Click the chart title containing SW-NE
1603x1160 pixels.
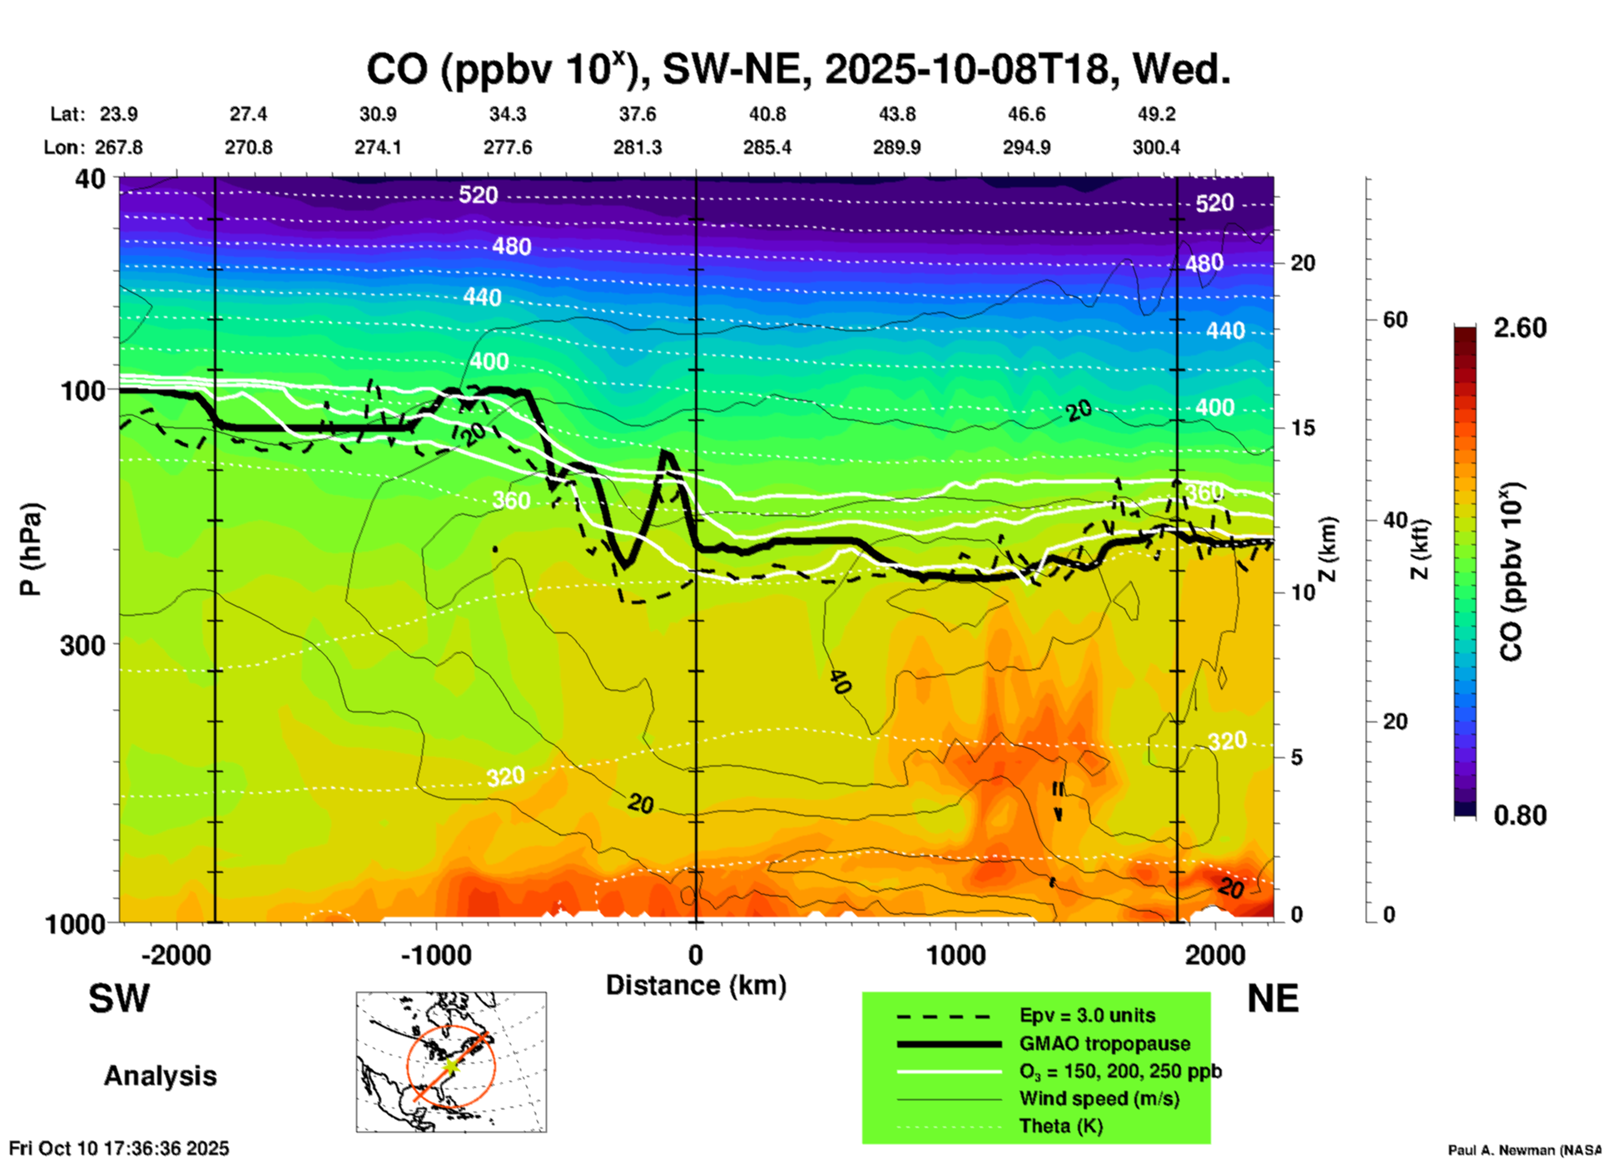[x=798, y=70]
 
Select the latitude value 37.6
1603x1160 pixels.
[x=638, y=114]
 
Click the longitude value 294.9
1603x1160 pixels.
[x=1026, y=147]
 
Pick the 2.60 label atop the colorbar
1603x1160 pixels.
[x=1520, y=328]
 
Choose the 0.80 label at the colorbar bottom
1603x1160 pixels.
[x=1520, y=815]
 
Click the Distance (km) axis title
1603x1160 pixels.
[x=696, y=985]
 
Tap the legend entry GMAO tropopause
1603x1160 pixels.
[x=1104, y=1044]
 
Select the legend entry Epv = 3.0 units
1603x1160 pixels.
[x=1087, y=1015]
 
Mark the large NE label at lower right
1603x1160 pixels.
[x=1273, y=999]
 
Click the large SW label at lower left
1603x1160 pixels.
[x=119, y=999]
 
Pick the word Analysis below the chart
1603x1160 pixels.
[x=160, y=1075]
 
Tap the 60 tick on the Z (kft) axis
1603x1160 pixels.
[x=1394, y=320]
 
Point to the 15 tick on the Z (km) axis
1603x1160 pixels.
[x=1303, y=428]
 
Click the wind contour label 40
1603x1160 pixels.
[x=840, y=682]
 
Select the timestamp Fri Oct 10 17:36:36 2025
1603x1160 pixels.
[x=119, y=1148]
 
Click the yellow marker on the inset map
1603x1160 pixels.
[x=450, y=1066]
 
